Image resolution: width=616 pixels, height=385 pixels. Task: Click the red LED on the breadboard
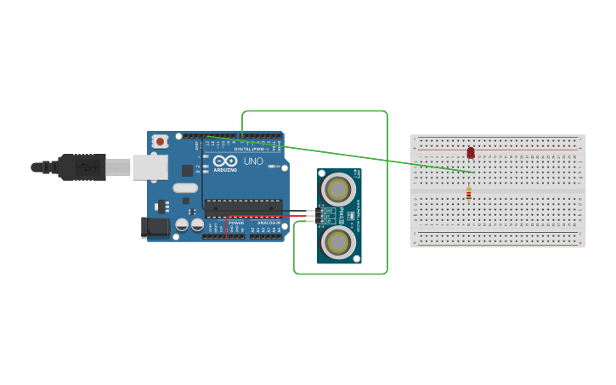click(471, 153)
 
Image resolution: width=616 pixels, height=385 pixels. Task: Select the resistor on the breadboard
click(468, 195)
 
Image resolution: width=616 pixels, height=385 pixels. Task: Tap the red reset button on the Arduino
click(160, 142)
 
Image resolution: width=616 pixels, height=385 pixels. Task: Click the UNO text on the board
click(253, 161)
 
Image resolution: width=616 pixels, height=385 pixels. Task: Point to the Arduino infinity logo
click(225, 161)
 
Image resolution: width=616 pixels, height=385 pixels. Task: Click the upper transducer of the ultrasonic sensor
click(338, 190)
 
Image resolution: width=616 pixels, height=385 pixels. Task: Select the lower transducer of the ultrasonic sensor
click(338, 242)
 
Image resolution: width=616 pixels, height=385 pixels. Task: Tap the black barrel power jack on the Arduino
click(155, 227)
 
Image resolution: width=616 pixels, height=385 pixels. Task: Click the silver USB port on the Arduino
click(150, 167)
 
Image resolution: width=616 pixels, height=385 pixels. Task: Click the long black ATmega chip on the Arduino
click(243, 207)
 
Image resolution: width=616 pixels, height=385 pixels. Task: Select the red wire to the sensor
click(272, 217)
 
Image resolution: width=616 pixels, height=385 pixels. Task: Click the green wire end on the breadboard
click(474, 173)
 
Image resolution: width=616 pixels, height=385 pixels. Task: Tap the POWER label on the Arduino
click(236, 223)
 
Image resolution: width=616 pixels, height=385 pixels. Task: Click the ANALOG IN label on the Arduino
click(268, 223)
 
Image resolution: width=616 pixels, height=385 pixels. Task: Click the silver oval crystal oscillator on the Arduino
click(186, 188)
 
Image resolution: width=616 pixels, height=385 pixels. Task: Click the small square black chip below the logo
click(187, 170)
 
